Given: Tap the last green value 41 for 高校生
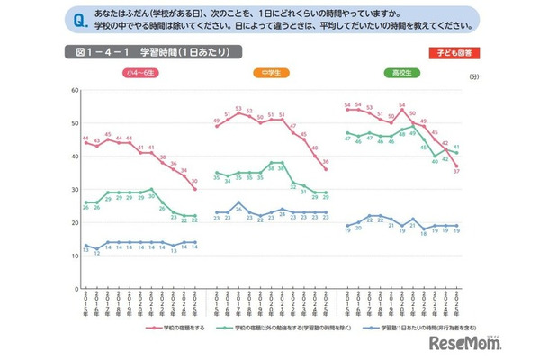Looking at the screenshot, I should tap(457, 147).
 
